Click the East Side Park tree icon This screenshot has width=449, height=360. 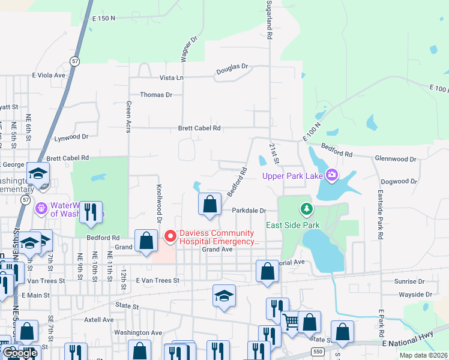pos(307,209)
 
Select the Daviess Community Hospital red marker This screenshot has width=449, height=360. pos(170,238)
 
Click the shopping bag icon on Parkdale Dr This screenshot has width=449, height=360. pos(209,204)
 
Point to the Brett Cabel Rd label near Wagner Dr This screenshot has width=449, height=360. pos(199,128)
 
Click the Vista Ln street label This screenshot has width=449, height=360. pos(171,78)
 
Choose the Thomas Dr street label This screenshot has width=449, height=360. pos(156,95)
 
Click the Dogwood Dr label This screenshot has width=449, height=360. pos(398,181)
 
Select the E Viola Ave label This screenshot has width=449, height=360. pos(49,76)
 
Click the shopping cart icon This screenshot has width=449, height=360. pos(291,322)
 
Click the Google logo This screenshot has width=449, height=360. pos(20,353)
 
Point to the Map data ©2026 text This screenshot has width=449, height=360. pos(424,355)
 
